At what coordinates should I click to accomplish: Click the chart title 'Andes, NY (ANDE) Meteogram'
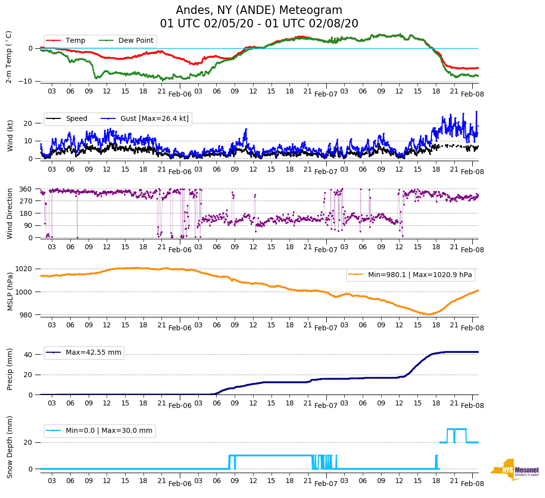coord(259,10)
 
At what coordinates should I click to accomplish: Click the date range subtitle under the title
coord(259,24)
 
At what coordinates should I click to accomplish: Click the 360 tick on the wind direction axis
coord(26,189)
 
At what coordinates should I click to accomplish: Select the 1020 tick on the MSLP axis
coord(25,269)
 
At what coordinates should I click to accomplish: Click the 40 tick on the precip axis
coord(29,355)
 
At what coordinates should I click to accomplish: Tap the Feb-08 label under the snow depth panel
coord(472,484)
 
